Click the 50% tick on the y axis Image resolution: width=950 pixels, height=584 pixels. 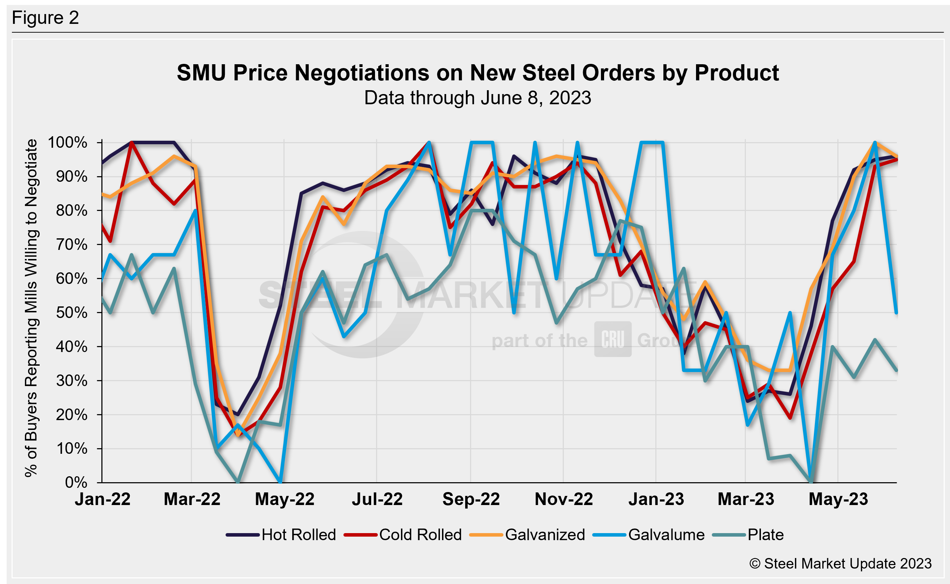pos(72,312)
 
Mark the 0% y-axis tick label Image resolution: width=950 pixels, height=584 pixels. pos(76,483)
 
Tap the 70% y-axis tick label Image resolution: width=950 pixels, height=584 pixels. pos(72,245)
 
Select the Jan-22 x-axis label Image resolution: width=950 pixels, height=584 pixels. pos(102,499)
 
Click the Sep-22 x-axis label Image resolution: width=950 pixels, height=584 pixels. pos(471,499)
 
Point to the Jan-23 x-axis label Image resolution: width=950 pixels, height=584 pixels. pos(656,499)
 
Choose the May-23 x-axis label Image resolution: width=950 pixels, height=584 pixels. pos(838,499)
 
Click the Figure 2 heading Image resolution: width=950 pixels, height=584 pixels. pos(45,18)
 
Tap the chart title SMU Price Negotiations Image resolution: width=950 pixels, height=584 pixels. pos(477,73)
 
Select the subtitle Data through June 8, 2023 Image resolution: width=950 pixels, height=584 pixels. pos(477,98)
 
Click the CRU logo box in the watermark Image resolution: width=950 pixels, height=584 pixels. pos(613,339)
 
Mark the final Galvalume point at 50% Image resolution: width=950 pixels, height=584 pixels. pos(897,312)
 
